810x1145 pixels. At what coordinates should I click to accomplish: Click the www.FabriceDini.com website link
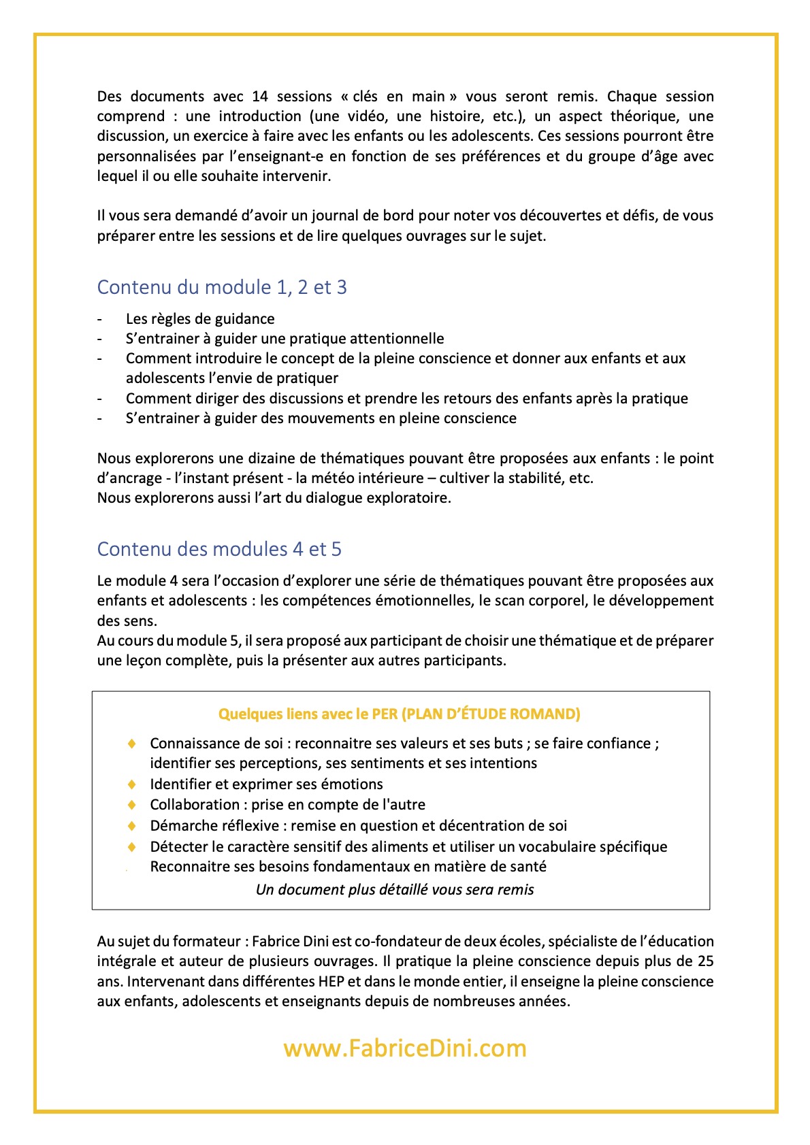coord(405,1048)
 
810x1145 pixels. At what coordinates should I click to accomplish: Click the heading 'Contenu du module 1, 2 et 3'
coord(222,287)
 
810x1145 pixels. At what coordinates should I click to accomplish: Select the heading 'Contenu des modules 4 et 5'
coord(219,549)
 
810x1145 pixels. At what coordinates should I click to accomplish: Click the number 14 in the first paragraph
coord(260,97)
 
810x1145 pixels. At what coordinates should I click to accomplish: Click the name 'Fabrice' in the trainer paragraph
coord(274,942)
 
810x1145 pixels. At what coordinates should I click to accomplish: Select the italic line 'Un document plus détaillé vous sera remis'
coord(395,890)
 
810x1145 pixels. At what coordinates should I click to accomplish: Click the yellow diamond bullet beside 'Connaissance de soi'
coord(132,744)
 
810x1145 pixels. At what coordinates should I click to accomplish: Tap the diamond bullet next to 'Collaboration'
coord(132,805)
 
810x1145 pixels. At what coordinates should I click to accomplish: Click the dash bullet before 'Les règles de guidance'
coord(100,319)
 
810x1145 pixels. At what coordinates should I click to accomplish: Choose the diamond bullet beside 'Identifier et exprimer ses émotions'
coord(132,784)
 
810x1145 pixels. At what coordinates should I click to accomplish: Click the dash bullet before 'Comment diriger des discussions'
coord(100,399)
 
